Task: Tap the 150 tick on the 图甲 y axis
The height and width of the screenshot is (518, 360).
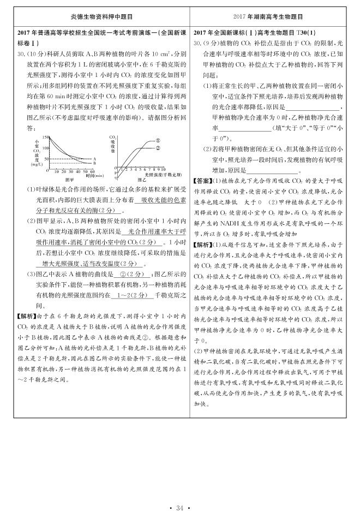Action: click(45, 136)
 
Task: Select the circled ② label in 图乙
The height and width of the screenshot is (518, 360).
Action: click(158, 147)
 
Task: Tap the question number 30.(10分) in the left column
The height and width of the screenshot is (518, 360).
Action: click(33, 55)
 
